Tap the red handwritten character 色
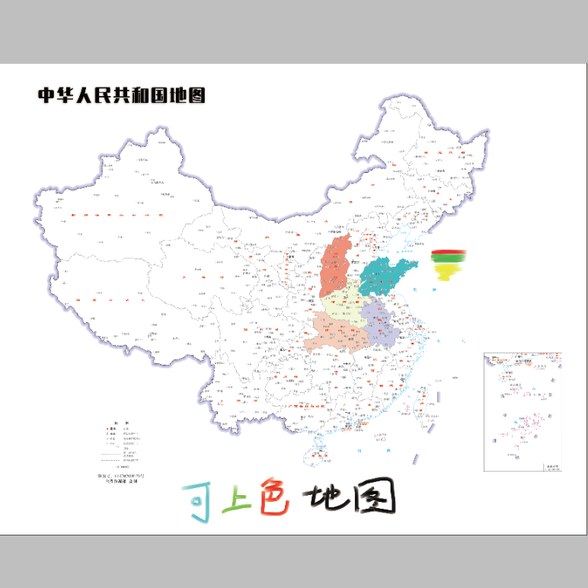273,499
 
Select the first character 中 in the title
47,95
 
